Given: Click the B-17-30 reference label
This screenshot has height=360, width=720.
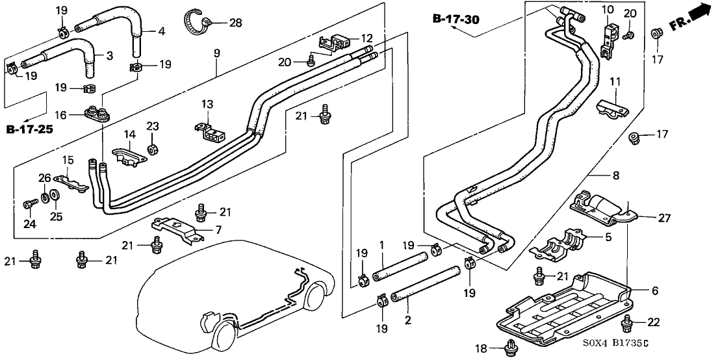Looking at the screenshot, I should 456,19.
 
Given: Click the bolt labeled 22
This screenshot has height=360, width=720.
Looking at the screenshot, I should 628,322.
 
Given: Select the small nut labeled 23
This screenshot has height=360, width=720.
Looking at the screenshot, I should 153,150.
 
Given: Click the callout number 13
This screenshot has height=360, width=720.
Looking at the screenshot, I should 206,105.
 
